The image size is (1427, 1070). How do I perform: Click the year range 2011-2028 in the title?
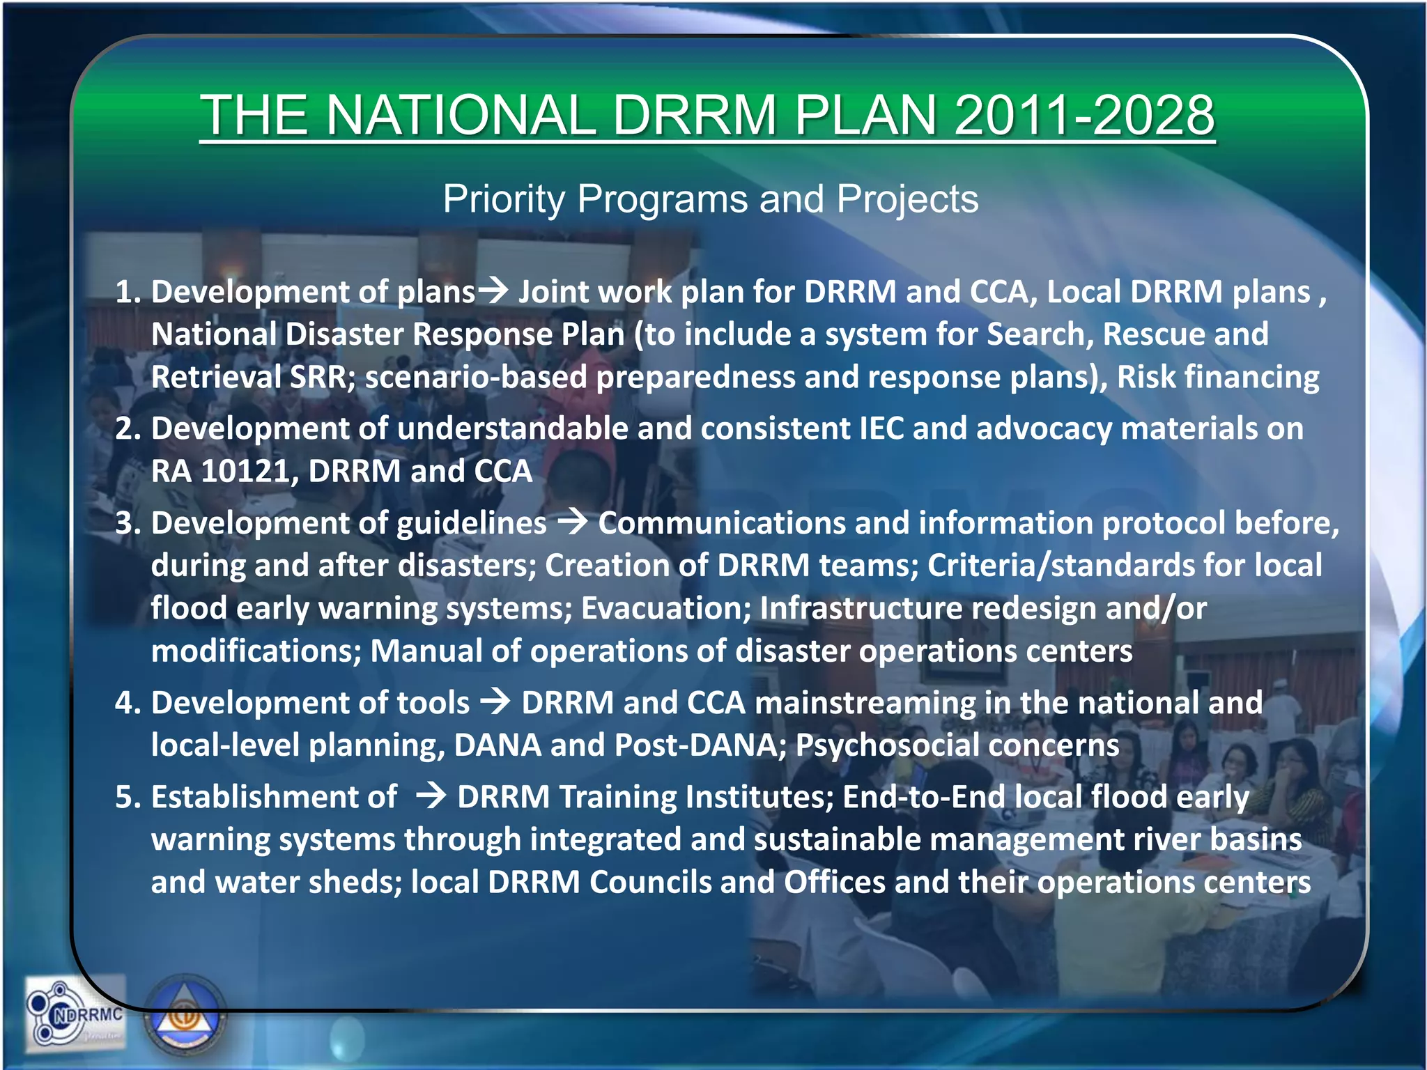(1084, 116)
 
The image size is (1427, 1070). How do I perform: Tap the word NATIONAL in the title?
(460, 116)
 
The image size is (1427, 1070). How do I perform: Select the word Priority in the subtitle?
(504, 199)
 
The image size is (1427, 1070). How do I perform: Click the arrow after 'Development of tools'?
(496, 701)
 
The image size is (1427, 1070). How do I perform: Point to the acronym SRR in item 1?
(318, 378)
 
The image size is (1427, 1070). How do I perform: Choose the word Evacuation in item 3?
(665, 609)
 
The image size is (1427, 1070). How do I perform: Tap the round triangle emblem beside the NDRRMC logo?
(185, 1017)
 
